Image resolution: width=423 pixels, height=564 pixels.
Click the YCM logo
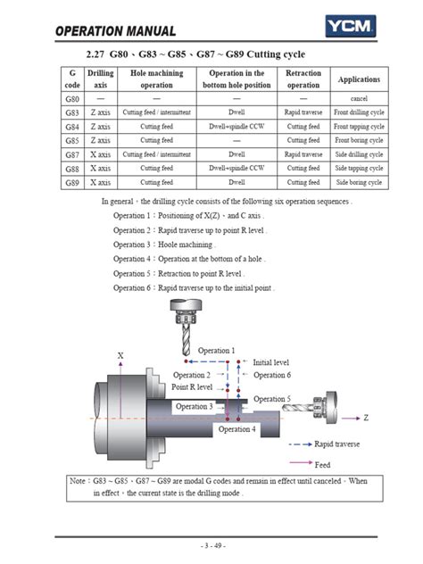[x=351, y=26]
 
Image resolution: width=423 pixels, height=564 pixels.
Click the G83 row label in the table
[x=72, y=112]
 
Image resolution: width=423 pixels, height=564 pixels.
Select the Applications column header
[x=359, y=79]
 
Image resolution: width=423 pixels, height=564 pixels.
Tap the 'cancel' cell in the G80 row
[x=359, y=98]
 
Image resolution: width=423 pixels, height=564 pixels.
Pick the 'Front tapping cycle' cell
[x=359, y=126]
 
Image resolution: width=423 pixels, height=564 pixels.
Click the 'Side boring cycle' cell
[x=359, y=182]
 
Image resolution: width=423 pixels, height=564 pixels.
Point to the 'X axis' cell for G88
[x=100, y=168]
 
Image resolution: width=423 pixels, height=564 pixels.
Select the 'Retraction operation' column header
[x=303, y=79]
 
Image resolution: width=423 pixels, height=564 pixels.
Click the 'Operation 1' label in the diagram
[x=216, y=351]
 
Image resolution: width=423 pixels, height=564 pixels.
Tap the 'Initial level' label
[x=271, y=362]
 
